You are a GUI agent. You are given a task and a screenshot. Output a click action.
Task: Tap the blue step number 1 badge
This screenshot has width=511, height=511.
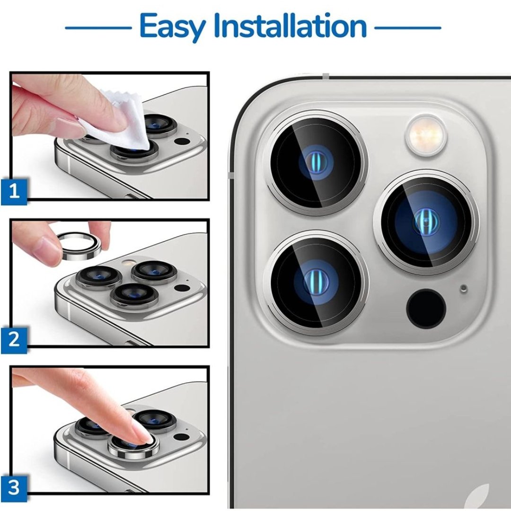click(14, 191)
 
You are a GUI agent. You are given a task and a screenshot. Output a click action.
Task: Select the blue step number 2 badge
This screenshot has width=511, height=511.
click(14, 340)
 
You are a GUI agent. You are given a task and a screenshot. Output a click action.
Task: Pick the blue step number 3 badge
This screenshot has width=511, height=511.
click(14, 488)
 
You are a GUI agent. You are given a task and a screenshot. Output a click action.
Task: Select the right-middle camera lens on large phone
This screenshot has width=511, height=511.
click(426, 222)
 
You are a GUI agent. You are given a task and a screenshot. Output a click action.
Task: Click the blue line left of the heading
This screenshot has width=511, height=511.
click(98, 28)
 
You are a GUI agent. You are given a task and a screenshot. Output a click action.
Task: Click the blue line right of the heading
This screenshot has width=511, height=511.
click(408, 28)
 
